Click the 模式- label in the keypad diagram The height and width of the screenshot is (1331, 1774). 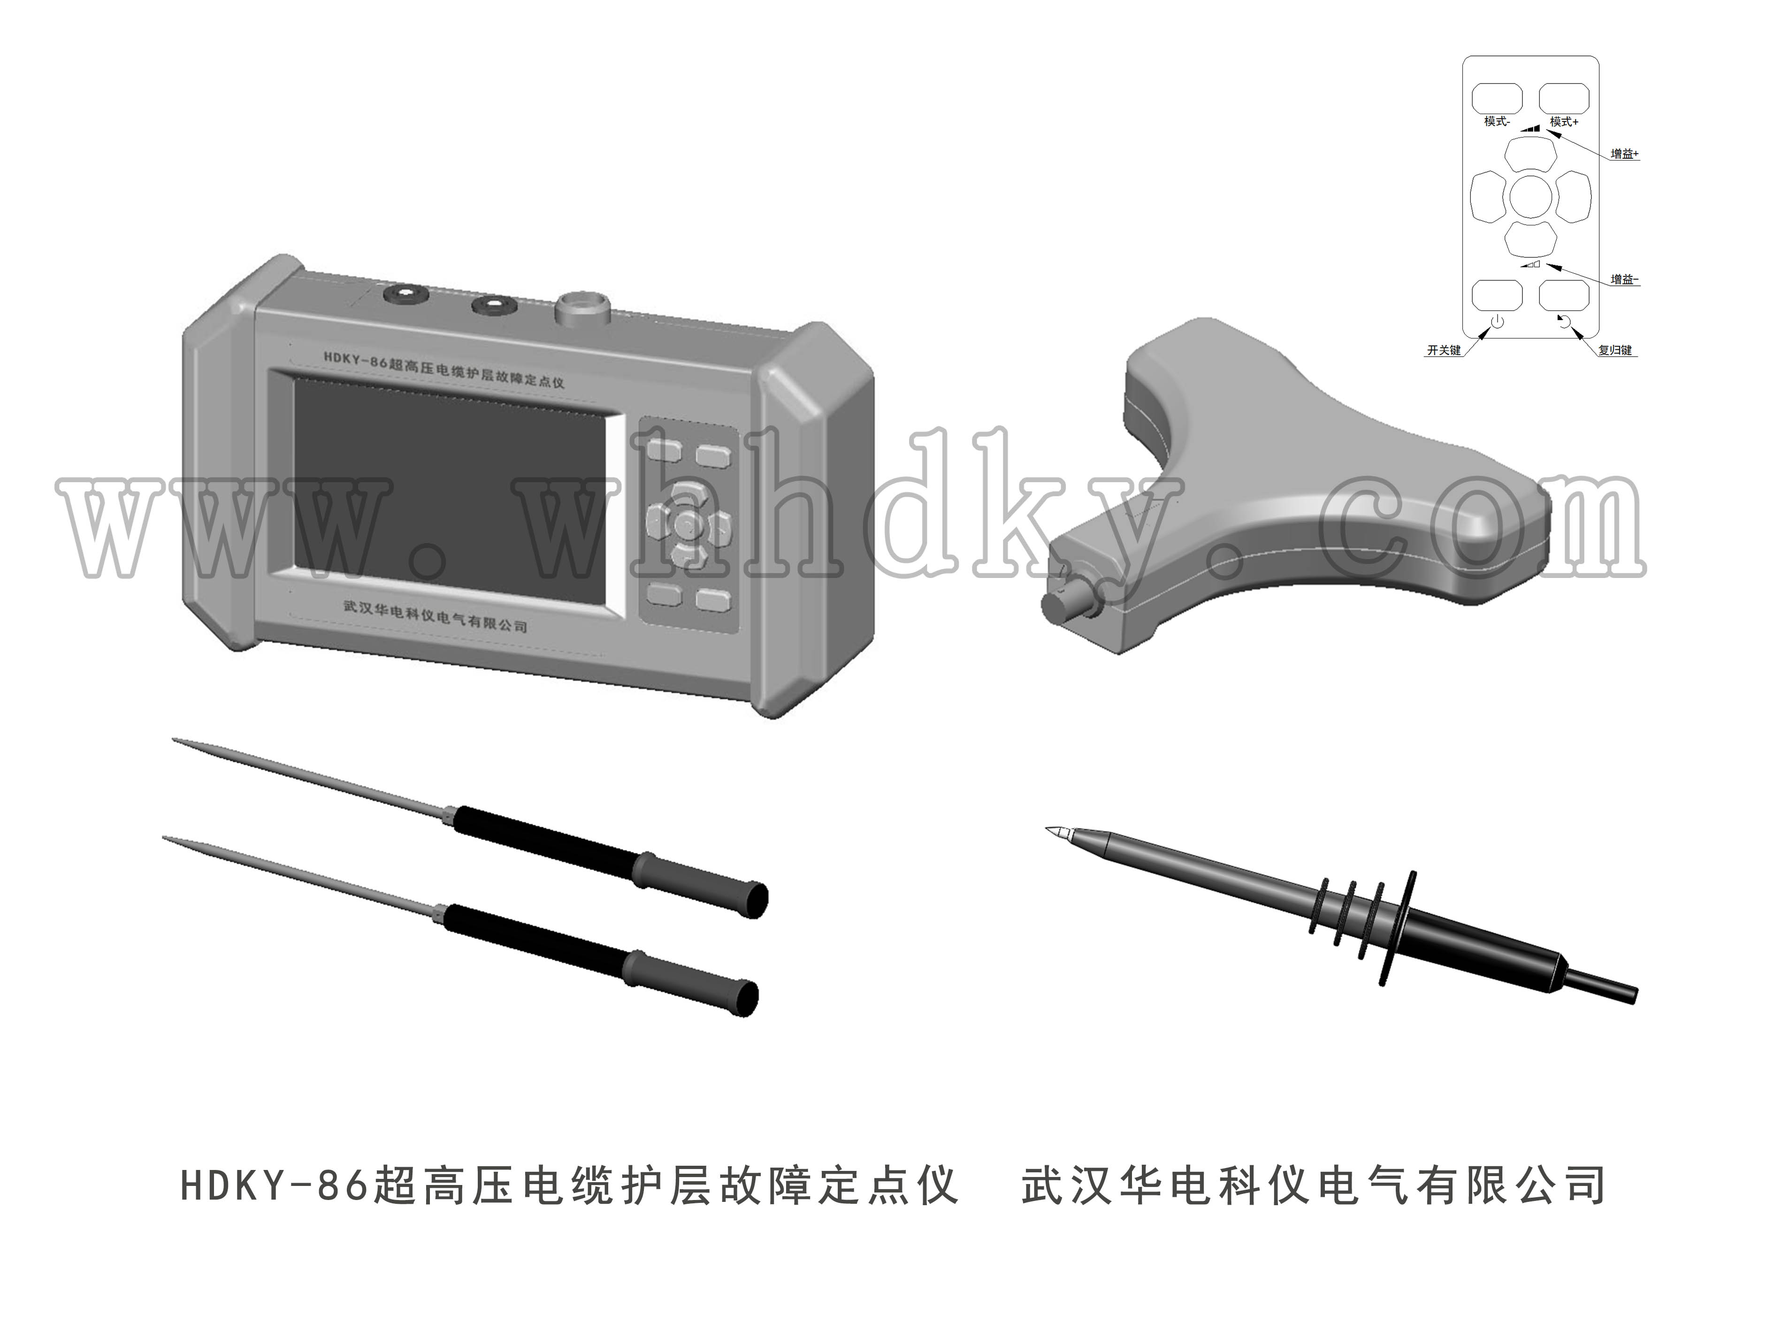point(1497,122)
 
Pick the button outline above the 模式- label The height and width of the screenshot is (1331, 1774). point(1497,98)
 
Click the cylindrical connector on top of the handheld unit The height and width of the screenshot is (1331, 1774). point(582,309)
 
